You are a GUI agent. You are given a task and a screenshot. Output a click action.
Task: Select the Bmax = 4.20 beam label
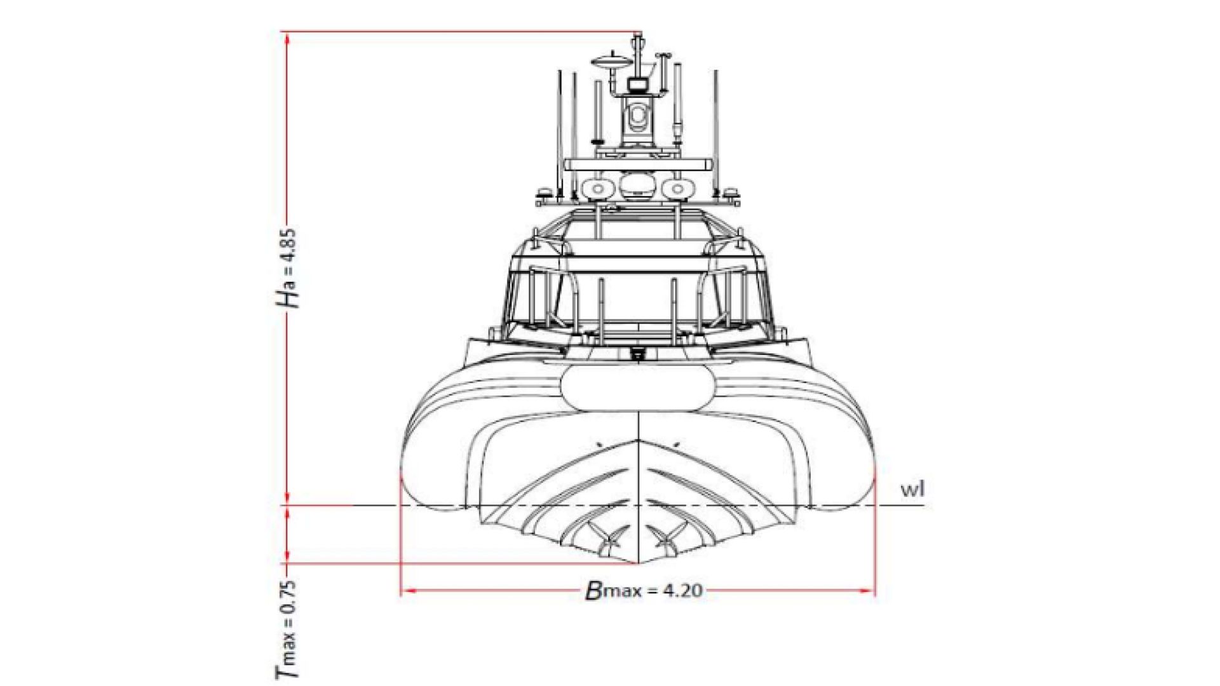(643, 591)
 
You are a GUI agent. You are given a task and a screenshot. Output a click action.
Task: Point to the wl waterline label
(912, 490)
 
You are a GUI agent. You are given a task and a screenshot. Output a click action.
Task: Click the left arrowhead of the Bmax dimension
(410, 591)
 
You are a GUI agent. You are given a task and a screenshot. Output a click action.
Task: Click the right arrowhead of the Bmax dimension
(866, 591)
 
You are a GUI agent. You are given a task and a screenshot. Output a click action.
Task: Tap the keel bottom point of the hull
(637, 563)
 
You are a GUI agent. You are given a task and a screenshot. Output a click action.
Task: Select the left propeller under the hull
(610, 538)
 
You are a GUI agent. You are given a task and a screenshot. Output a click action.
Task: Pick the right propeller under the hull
(665, 538)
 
